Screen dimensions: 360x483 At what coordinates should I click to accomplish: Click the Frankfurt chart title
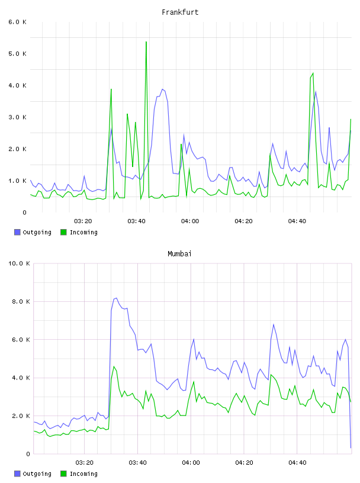(x=180, y=12)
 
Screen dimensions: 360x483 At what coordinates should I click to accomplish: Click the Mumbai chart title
(x=179, y=254)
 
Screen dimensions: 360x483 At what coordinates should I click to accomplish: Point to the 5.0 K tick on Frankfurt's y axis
(x=18, y=54)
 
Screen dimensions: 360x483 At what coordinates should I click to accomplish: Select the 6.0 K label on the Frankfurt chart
(x=18, y=22)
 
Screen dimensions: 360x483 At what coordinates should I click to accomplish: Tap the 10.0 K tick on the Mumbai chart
(x=19, y=263)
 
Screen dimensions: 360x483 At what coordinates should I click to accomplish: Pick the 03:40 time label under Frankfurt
(x=137, y=221)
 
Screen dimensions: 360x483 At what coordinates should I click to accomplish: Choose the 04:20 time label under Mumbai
(x=244, y=463)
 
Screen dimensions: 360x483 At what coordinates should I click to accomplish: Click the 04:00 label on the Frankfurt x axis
(x=190, y=221)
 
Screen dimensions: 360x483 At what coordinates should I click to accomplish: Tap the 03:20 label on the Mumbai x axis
(x=85, y=463)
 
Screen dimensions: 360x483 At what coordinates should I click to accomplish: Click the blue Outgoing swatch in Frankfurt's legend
(x=17, y=232)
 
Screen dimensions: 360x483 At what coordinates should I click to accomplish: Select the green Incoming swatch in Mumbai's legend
(x=63, y=474)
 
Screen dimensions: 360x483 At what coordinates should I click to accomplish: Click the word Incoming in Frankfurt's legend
(x=83, y=232)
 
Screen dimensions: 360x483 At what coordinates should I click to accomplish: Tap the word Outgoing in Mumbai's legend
(x=37, y=474)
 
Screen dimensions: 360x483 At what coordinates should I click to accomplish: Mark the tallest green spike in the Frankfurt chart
(x=146, y=41)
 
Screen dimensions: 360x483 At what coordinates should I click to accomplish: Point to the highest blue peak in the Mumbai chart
(x=116, y=298)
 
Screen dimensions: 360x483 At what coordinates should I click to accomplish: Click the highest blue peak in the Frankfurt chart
(x=162, y=89)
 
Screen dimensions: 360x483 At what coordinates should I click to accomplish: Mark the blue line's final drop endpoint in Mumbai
(x=351, y=448)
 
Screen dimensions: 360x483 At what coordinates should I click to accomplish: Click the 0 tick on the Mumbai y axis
(x=28, y=454)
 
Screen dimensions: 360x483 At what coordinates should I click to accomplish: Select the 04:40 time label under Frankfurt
(x=297, y=221)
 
